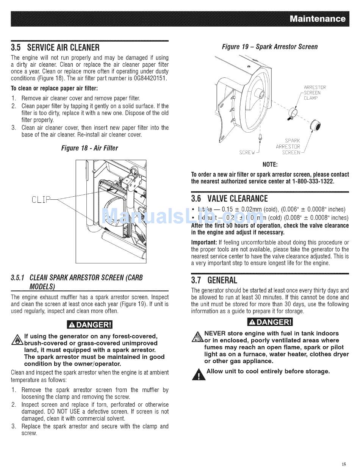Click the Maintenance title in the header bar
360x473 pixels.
click(317, 19)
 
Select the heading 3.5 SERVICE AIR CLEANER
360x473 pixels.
click(55, 48)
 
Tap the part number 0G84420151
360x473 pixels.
click(149, 78)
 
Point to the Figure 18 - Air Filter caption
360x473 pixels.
click(89, 148)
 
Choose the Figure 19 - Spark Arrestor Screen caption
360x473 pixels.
click(269, 47)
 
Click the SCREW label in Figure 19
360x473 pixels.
click(247, 153)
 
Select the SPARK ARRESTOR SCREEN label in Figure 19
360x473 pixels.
click(288, 147)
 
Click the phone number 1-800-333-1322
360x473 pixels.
click(313, 182)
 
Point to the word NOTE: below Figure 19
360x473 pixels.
click(270, 164)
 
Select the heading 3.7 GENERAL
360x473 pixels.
click(214, 280)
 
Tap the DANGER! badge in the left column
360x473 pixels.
click(89, 325)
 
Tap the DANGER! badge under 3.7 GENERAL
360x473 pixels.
click(270, 322)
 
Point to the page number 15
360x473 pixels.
click(343, 464)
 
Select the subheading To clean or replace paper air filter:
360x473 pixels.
click(54, 88)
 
